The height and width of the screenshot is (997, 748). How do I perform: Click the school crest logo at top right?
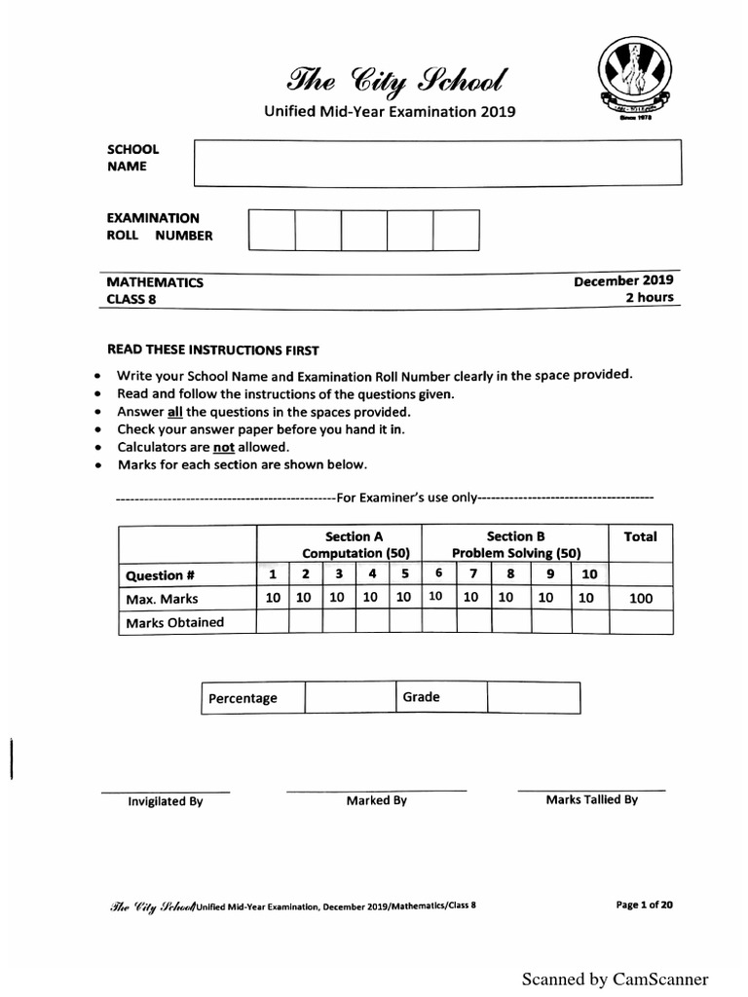632,81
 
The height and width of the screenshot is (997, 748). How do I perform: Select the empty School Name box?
437,162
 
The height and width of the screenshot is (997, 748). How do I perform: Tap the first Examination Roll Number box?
271,231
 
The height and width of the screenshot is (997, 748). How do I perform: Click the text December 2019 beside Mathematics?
623,280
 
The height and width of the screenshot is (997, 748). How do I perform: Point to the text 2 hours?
649,297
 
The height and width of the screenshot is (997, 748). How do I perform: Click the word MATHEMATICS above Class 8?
155,282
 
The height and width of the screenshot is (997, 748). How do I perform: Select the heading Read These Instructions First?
212,350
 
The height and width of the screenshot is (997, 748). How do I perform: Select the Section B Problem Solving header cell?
515,544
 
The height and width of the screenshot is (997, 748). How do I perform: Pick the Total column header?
640,536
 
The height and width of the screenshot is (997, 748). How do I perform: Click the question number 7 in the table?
471,574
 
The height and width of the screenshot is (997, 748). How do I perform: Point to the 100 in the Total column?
640,599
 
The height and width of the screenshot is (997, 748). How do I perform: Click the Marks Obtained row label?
174,622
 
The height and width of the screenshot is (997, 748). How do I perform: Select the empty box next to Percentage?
348,698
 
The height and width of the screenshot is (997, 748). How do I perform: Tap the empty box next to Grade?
533,698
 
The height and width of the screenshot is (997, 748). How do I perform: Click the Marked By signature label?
376,800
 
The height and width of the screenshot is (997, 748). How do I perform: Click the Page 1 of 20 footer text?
644,905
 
